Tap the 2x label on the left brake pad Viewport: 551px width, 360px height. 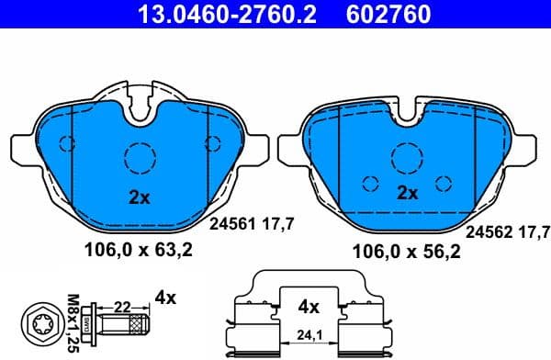(138, 196)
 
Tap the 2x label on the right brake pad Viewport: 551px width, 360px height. (407, 193)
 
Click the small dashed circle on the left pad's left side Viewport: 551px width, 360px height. (65, 142)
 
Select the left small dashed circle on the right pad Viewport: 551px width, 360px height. (370, 182)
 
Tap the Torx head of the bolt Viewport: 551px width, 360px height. (42, 322)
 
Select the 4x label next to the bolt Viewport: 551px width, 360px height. (166, 298)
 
